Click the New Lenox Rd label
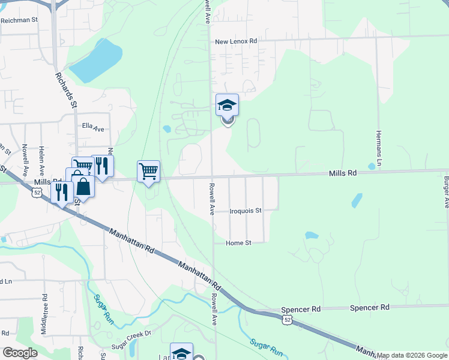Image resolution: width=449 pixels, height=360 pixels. (236, 41)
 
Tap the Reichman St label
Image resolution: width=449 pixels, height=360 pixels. (19, 20)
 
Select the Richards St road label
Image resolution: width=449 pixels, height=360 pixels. (66, 91)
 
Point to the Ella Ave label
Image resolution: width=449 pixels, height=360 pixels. (93, 129)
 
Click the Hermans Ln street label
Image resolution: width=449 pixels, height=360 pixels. (379, 149)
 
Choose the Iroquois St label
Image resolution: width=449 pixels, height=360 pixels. (246, 211)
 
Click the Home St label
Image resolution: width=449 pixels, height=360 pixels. (238, 243)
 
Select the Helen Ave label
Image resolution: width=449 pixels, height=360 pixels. (42, 158)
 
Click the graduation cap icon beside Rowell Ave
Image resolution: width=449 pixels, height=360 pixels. (228, 105)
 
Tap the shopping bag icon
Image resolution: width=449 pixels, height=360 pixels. (83, 187)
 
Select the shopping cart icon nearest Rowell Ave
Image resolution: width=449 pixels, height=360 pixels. (148, 171)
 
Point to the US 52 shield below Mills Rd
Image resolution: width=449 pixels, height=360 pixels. (37, 193)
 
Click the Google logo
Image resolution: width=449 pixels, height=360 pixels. (20, 353)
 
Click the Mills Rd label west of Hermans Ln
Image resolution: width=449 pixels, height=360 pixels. (343, 173)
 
